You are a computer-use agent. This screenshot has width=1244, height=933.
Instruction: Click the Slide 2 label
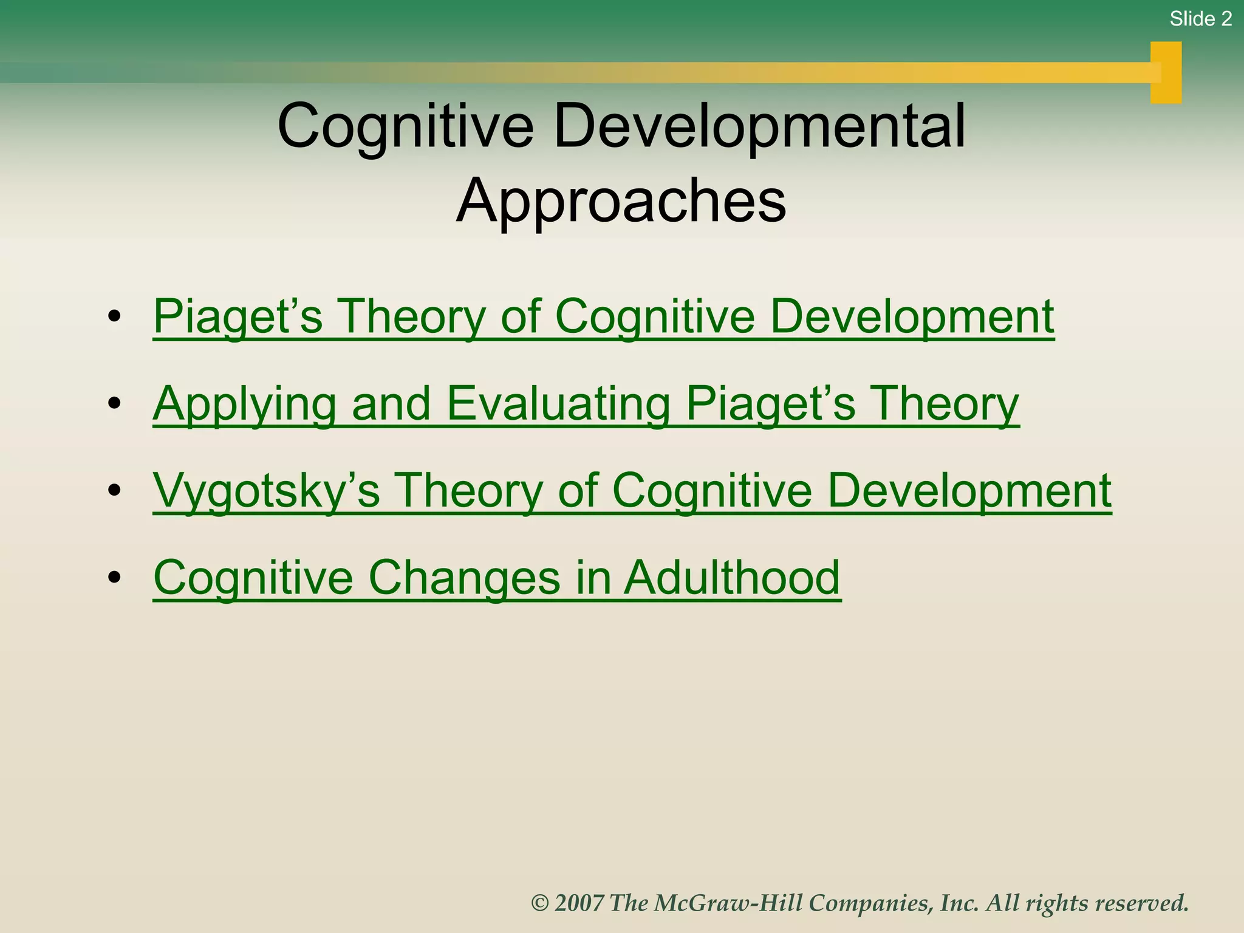(1200, 19)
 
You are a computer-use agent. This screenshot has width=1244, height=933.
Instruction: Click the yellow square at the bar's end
(1166, 72)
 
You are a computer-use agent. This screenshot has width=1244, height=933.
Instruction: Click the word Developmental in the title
(759, 126)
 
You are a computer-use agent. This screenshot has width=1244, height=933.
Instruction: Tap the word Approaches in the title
(621, 200)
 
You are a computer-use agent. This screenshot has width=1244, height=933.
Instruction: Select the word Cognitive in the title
(405, 126)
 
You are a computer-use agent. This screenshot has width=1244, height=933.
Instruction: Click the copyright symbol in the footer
(539, 903)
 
